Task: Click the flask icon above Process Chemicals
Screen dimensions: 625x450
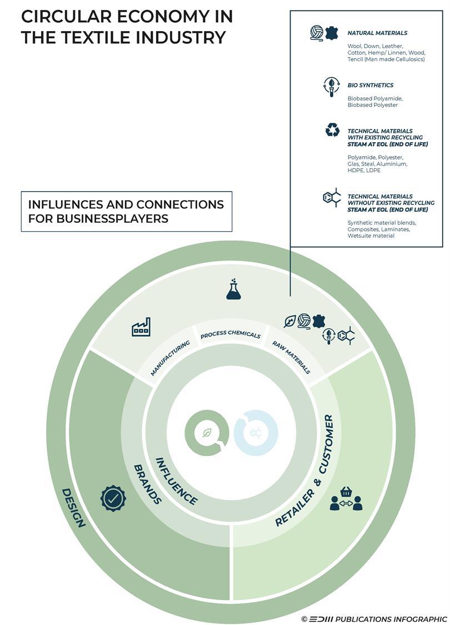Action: [234, 290]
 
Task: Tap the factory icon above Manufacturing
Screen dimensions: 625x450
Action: [141, 327]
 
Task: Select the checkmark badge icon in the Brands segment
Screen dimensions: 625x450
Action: [113, 498]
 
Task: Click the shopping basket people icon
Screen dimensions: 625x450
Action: [346, 499]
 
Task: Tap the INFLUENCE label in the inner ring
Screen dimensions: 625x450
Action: [176, 482]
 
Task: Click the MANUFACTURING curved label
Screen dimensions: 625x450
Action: [170, 358]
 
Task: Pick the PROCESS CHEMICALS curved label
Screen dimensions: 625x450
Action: [230, 336]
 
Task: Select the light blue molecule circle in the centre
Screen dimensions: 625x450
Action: [256, 433]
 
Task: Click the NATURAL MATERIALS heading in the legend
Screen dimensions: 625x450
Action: [377, 33]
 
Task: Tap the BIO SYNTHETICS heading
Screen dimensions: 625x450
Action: [370, 86]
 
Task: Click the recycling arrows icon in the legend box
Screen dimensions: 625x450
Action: [332, 130]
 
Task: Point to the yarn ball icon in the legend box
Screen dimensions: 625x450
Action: [317, 33]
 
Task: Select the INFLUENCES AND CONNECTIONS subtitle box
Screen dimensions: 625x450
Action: [126, 211]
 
